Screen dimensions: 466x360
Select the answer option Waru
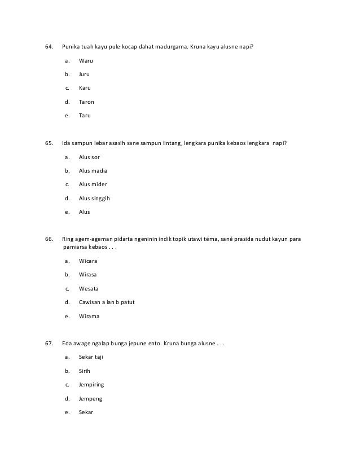coord(86,60)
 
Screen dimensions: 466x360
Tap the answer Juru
coord(85,74)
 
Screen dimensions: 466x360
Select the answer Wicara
coord(88,261)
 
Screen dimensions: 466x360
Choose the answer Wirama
coord(89,316)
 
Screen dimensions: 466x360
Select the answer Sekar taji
coord(91,357)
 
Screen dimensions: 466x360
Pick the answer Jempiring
coord(91,385)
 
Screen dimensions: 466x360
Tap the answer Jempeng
coord(91,398)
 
